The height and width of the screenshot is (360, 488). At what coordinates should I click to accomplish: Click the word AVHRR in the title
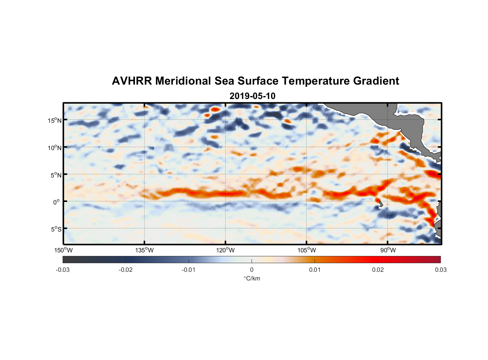[131, 81]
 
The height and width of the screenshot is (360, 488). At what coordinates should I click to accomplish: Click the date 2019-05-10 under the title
[252, 96]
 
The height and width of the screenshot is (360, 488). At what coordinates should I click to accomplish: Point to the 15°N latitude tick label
[54, 120]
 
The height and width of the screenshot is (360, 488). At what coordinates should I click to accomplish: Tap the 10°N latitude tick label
[54, 148]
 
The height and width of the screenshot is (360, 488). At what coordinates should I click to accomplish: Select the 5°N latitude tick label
[55, 175]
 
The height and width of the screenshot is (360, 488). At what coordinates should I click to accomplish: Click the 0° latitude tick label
[57, 202]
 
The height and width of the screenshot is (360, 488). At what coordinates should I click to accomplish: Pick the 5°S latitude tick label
[55, 229]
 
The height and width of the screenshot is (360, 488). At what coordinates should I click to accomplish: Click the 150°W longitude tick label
[63, 250]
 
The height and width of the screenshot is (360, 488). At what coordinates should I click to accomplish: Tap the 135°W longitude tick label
[144, 250]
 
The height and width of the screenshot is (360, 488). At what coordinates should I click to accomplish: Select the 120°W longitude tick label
[225, 250]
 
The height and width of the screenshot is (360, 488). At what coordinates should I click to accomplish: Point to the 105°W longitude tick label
[307, 250]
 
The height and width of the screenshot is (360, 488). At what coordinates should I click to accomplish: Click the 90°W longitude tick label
[388, 250]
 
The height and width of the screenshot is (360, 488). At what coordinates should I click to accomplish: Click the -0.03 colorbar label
[63, 270]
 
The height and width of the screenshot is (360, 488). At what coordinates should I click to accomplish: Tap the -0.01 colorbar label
[189, 270]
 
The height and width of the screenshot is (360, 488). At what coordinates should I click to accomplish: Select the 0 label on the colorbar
[252, 270]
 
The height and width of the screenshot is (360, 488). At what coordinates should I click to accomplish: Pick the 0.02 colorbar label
[378, 270]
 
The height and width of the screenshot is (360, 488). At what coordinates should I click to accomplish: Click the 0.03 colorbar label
[440, 270]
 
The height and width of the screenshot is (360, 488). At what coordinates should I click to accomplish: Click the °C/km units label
[252, 278]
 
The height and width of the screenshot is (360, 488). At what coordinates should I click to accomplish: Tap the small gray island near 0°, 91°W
[381, 204]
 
